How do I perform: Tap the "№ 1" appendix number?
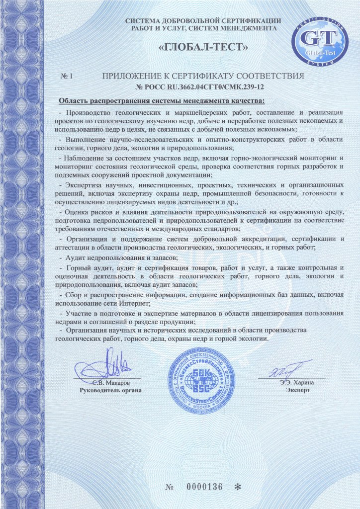[x=67, y=77]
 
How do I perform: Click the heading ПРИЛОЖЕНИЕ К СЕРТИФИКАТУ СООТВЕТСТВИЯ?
[x=202, y=77]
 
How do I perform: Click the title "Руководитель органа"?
[x=110, y=391]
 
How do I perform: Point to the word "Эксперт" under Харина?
[x=298, y=391]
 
